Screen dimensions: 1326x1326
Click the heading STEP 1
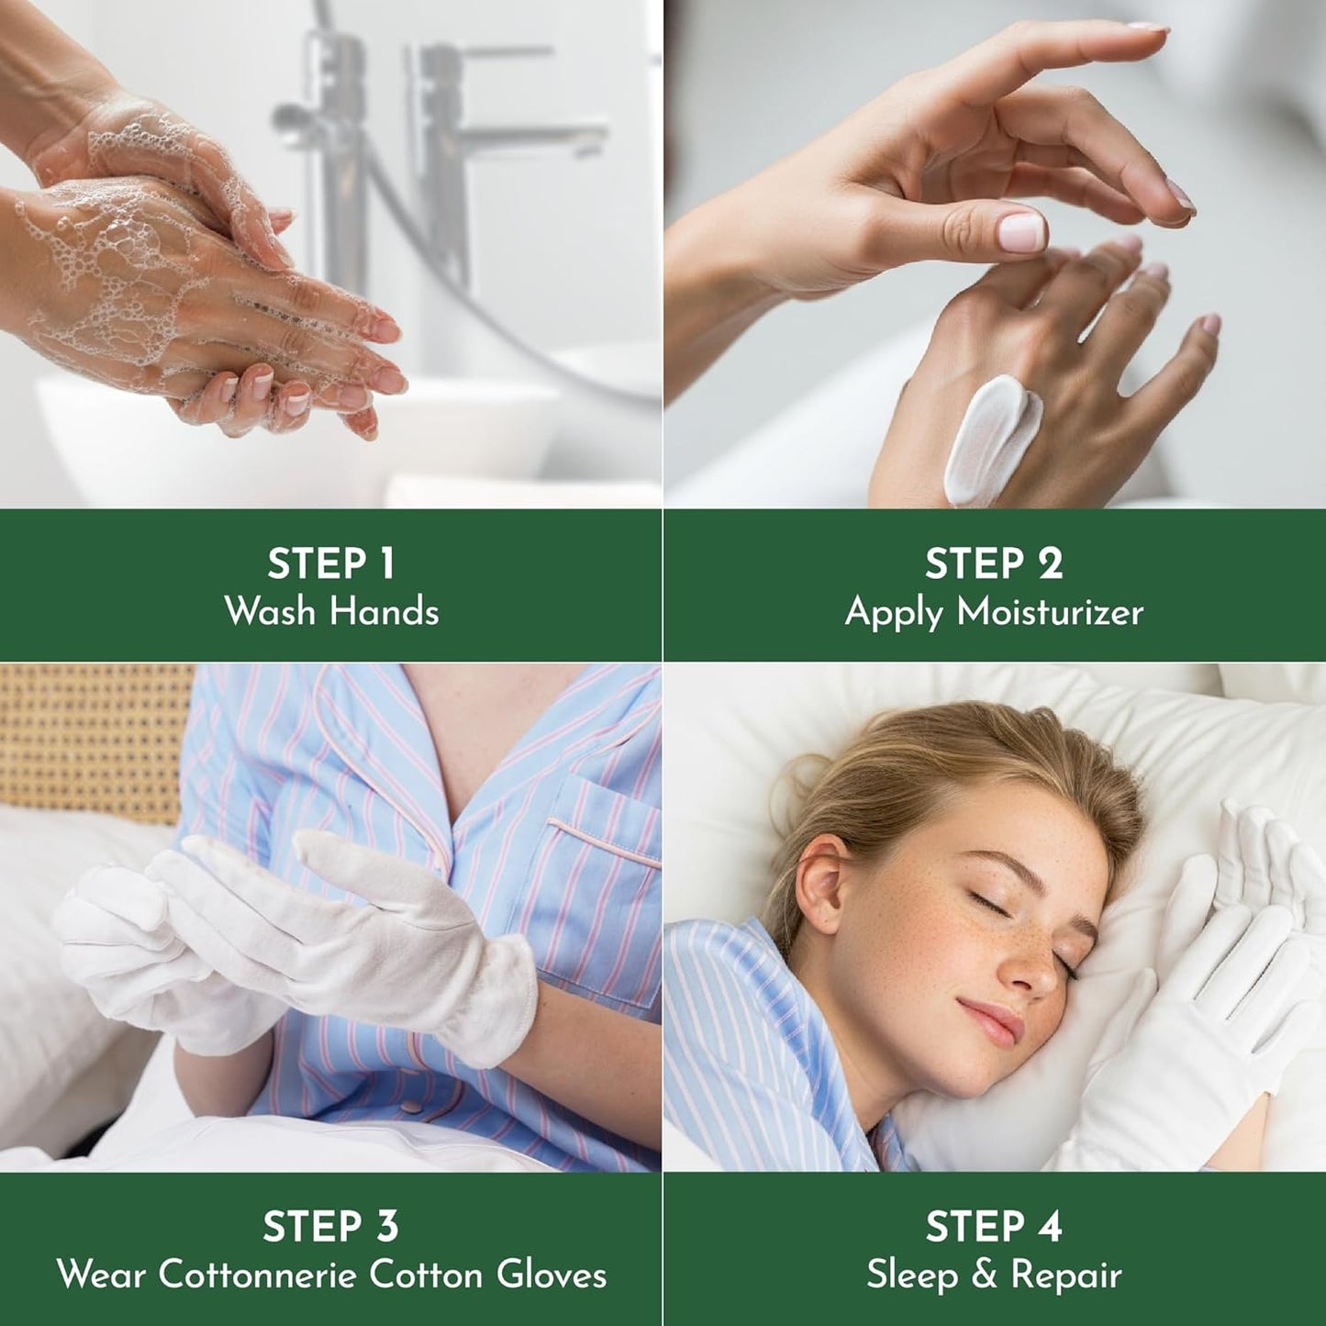click(x=330, y=564)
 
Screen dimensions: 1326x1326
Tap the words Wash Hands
click(x=331, y=612)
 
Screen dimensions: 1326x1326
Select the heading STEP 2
click(x=994, y=564)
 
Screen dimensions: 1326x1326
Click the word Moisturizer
click(x=1050, y=612)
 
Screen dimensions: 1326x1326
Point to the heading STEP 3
click(x=330, y=1227)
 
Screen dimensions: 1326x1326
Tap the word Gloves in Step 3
click(x=552, y=1275)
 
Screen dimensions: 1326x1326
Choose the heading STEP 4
click(x=994, y=1227)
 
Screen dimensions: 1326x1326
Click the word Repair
click(x=1066, y=1276)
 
